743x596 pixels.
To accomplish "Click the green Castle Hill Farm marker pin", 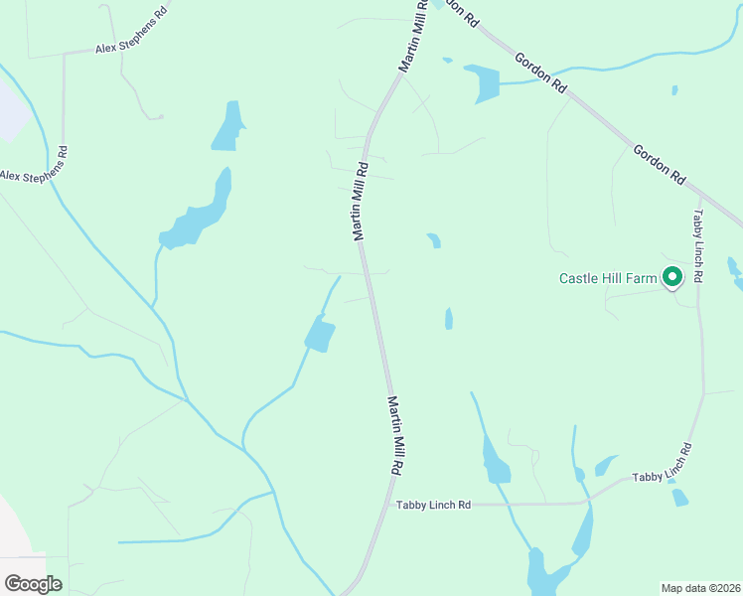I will coord(672,277).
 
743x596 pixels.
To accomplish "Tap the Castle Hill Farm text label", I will coord(608,279).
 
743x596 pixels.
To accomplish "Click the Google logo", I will coord(33,584).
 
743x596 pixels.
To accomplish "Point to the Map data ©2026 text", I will coord(700,588).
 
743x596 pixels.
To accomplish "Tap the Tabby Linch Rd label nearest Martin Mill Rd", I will coord(433,505).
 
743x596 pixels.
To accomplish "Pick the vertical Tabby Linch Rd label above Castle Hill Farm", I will coord(698,245).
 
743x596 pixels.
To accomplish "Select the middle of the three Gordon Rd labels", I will coord(540,73).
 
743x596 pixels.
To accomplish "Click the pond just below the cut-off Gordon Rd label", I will coord(485,83).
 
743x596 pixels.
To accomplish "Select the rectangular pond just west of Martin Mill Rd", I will coord(319,334).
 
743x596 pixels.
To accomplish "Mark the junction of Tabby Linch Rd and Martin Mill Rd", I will coord(384,505).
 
